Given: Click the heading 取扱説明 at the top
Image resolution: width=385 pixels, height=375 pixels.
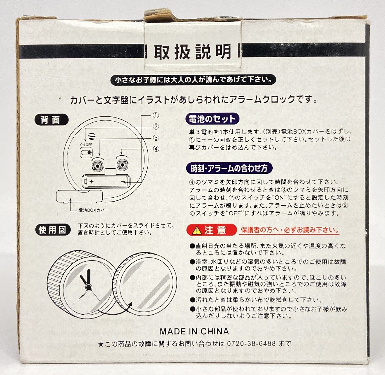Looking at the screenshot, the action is pos(192,52).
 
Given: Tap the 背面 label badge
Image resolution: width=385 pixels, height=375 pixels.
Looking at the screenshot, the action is pos(51,120).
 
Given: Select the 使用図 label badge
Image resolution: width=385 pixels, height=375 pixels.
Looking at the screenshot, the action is pos(53,230).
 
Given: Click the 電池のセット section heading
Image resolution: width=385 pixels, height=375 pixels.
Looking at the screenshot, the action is pos(212,119).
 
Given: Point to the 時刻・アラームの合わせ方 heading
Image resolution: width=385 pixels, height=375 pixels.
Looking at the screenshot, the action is pos(229,168).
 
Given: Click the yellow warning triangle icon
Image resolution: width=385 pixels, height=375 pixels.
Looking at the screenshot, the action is pos(197,230).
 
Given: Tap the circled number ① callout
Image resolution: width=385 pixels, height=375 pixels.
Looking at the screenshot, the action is pos(156,115).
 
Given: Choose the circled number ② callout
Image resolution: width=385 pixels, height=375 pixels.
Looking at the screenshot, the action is pos(156,126).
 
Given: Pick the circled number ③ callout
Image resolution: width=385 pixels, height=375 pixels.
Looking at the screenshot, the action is pos(156,137).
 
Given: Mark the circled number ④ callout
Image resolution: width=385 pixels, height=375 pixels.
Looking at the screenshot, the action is pos(156,149).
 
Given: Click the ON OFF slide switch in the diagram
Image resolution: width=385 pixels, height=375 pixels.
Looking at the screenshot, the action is pos(87,153).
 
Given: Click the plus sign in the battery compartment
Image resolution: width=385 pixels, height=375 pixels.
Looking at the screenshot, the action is pos(91,181).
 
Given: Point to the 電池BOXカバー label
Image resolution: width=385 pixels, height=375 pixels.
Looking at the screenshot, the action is pos(94,210).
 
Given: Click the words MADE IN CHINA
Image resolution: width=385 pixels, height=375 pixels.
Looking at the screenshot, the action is pos(194,331).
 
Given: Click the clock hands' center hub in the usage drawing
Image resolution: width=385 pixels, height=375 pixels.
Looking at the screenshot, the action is pos(88,287).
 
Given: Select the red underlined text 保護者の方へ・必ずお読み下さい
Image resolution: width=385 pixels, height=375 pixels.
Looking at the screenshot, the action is pos(289,230).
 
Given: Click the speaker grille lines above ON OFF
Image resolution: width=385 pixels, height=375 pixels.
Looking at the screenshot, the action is pos(92,136).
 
